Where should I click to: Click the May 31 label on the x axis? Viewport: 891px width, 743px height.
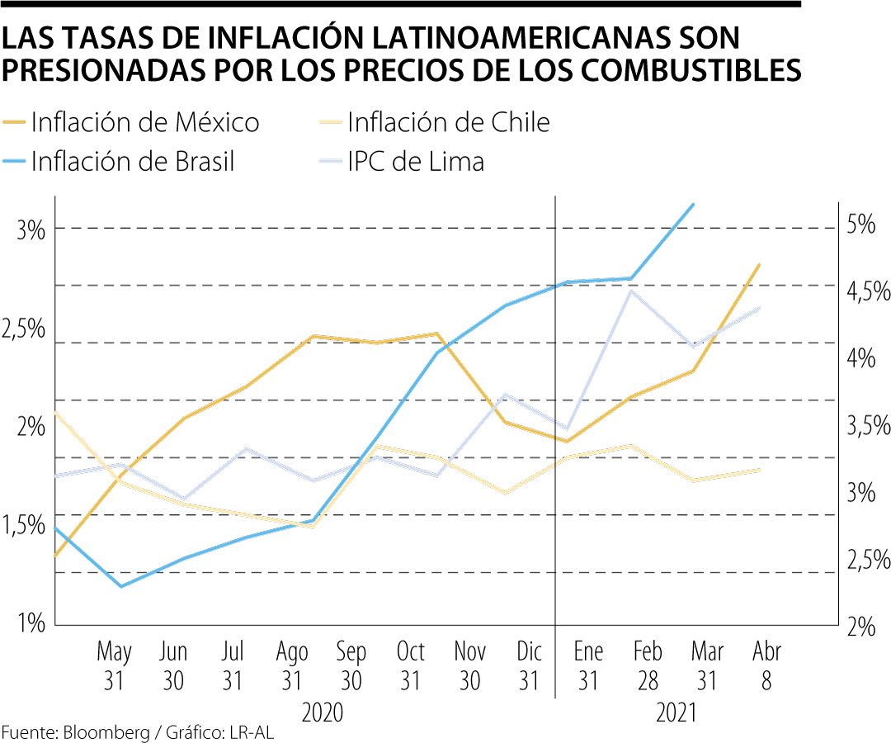coord(115,665)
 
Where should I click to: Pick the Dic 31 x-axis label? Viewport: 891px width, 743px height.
coord(529,665)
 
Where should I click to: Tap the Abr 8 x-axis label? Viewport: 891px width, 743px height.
coord(767,665)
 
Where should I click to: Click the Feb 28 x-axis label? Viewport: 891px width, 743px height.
coord(648,665)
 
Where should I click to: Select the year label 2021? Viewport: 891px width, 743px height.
coord(676,712)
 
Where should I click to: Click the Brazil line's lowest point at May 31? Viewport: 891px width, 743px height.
coord(121,586)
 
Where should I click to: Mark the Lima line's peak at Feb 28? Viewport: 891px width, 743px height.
coord(631,291)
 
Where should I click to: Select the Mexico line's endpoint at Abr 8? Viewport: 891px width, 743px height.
coord(758,265)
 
